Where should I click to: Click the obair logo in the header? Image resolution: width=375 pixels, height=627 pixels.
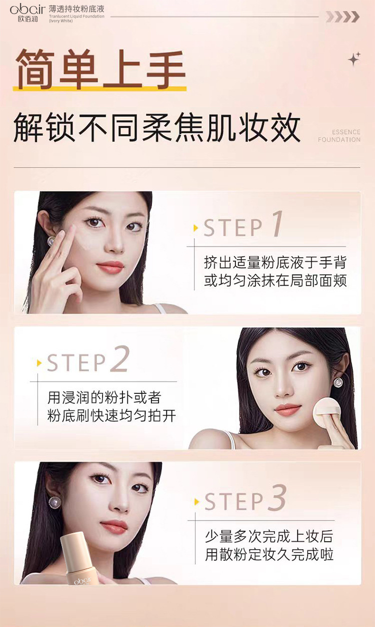(27, 13)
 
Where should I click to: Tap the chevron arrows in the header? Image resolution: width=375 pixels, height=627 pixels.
(342, 17)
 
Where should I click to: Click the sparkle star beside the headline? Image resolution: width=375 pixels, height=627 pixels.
(354, 58)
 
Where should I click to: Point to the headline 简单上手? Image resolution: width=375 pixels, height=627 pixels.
(100, 68)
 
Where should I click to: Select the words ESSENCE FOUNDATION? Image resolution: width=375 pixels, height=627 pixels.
(339, 136)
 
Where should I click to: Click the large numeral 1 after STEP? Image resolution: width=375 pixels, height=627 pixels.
(277, 224)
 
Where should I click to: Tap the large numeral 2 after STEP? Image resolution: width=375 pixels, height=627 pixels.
(120, 359)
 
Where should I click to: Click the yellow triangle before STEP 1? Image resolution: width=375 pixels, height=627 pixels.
(195, 228)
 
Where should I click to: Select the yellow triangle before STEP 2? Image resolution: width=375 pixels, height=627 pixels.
(39, 363)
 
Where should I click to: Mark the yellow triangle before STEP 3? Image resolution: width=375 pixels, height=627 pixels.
(196, 502)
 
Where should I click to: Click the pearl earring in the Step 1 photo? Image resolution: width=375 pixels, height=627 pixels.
(51, 241)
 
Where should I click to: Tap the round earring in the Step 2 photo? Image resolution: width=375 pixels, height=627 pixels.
(338, 382)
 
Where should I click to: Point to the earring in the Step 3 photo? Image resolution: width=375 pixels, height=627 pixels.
(54, 502)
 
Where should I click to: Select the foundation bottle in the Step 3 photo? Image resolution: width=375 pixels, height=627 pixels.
(79, 559)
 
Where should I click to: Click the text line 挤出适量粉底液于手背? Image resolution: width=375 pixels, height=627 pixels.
(275, 263)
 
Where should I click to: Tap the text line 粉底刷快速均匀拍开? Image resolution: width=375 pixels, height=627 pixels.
(111, 415)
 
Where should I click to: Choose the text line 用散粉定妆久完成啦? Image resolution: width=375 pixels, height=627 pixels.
(269, 555)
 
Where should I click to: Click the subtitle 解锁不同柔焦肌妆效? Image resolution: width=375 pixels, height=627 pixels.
(157, 128)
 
